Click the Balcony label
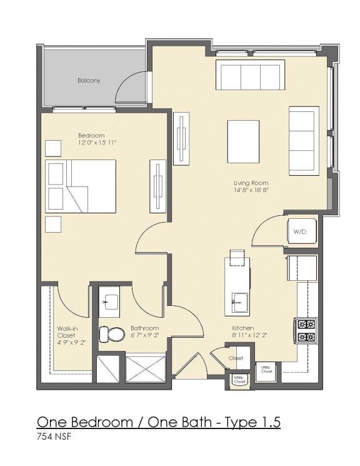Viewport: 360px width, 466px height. pyautogui.click(x=89, y=81)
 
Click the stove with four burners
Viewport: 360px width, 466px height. pyautogui.click(x=306, y=330)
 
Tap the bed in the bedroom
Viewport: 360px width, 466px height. pyautogui.click(x=81, y=186)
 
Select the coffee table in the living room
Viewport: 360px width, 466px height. pyautogui.click(x=243, y=141)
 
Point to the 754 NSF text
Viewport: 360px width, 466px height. pyautogui.click(x=54, y=437)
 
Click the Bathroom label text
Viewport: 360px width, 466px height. pyautogui.click(x=144, y=328)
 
